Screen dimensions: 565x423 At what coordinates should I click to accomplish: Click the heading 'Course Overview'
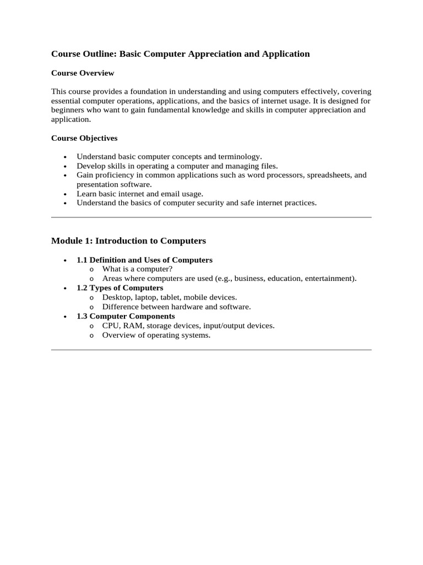click(x=83, y=73)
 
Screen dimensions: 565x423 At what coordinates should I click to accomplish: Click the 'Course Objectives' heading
click(x=84, y=138)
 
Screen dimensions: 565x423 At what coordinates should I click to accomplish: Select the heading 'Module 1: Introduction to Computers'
click(x=128, y=241)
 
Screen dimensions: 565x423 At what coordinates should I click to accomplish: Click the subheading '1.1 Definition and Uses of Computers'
click(x=144, y=260)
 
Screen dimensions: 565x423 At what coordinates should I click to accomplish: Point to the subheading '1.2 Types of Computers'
click(x=120, y=288)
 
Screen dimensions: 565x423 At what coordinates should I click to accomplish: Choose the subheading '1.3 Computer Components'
click(x=126, y=316)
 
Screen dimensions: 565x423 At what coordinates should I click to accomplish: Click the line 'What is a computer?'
click(x=137, y=269)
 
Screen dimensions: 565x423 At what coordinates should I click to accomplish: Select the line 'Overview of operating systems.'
click(x=156, y=335)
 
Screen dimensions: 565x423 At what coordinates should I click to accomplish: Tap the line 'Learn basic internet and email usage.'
click(x=140, y=194)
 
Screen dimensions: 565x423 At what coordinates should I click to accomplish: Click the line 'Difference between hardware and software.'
click(x=176, y=307)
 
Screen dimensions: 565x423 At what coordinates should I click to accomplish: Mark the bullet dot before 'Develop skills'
click(x=65, y=166)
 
